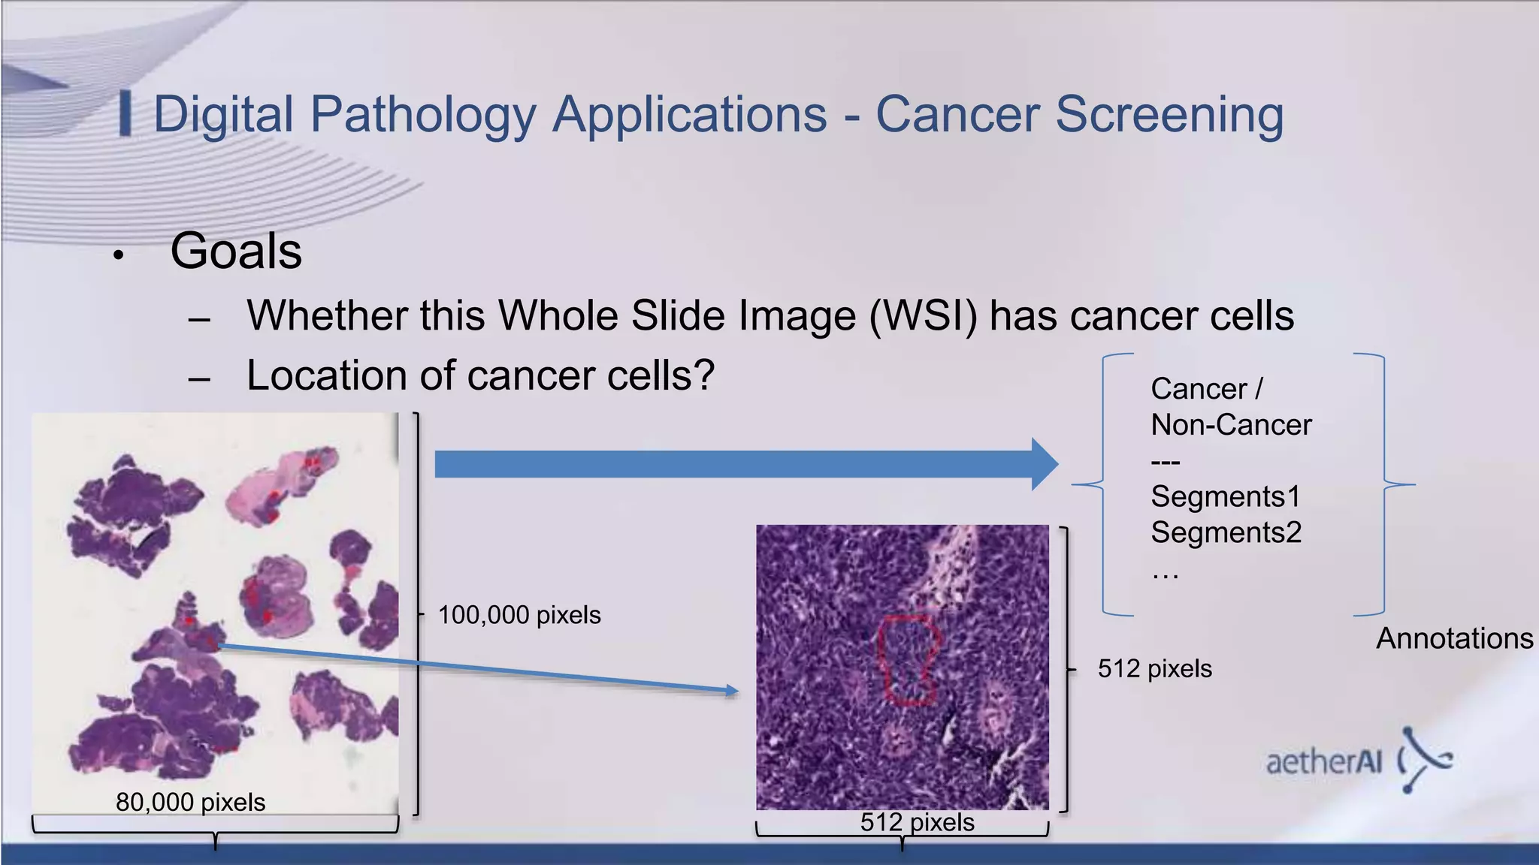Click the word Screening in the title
pyautogui.click(x=1169, y=115)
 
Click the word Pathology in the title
pyautogui.click(x=423, y=115)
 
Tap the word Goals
pyautogui.click(x=236, y=251)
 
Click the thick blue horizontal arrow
pyautogui.click(x=744, y=464)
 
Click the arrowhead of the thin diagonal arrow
pyautogui.click(x=732, y=691)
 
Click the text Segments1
pyautogui.click(x=1225, y=496)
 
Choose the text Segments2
pyautogui.click(x=1226, y=532)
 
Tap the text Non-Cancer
pyautogui.click(x=1231, y=425)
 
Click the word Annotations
pyautogui.click(x=1454, y=638)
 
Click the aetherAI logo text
pyautogui.click(x=1324, y=762)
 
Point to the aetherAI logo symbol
pyautogui.click(x=1425, y=759)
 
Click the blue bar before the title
pyautogui.click(x=125, y=113)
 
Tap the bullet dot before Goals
pyautogui.click(x=118, y=255)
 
